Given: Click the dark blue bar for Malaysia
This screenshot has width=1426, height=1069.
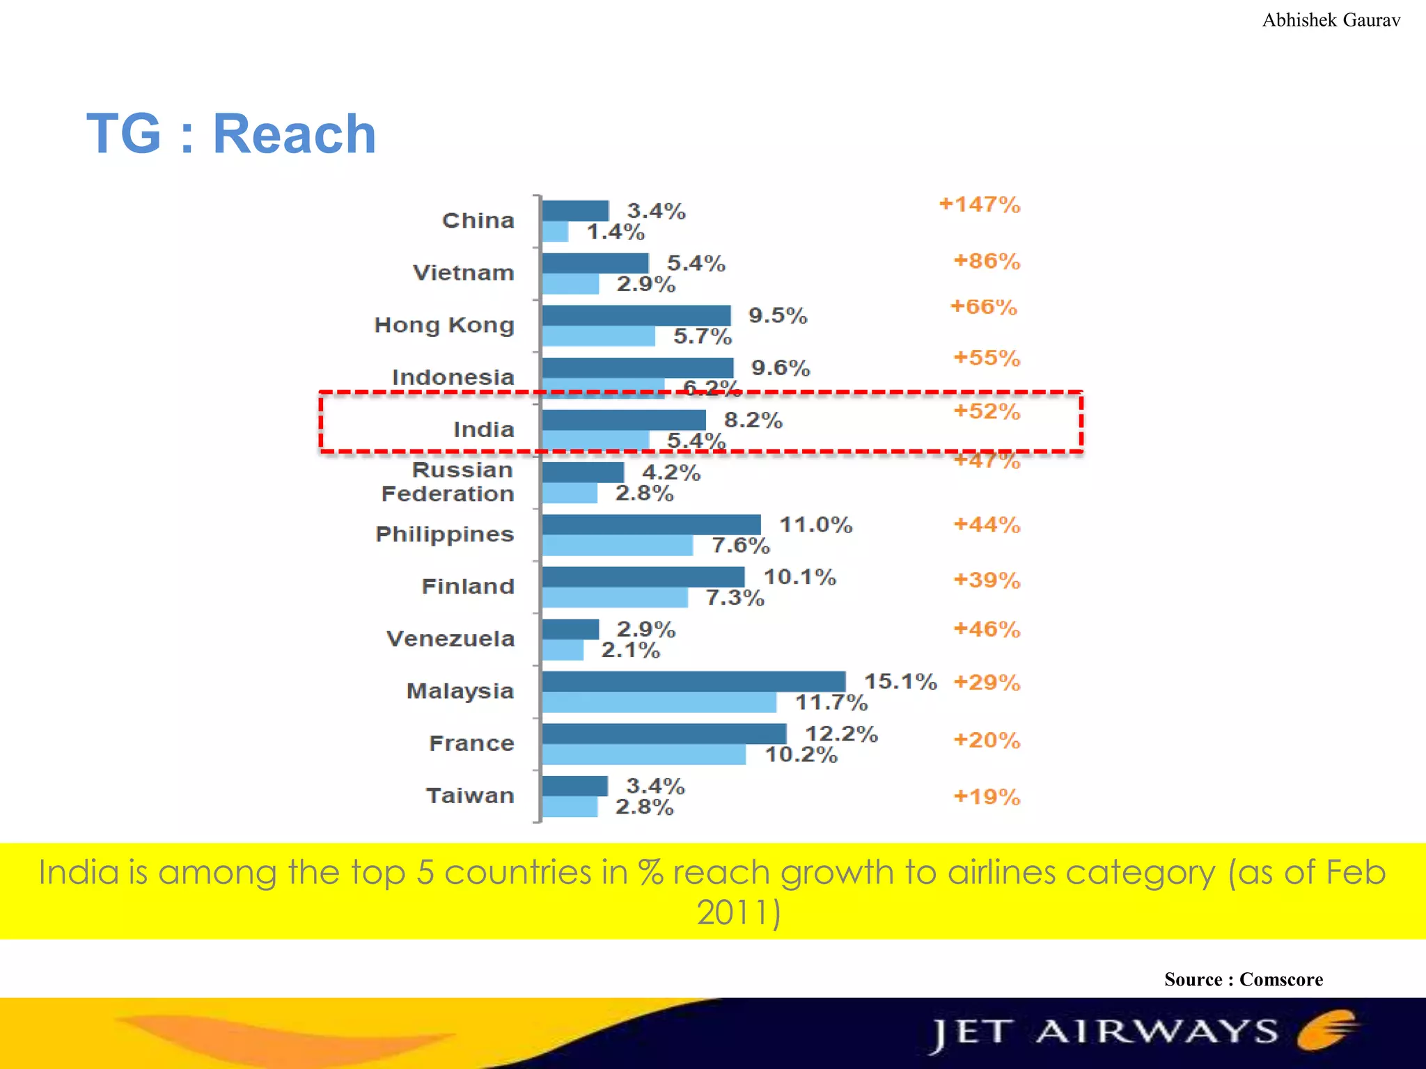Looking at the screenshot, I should point(694,681).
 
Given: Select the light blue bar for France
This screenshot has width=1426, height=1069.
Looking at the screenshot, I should point(643,754).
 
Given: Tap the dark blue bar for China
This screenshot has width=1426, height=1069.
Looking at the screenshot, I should point(575,210).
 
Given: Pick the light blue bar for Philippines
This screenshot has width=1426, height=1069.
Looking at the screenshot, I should point(618,546).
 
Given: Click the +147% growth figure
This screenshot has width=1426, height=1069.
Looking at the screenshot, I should point(979,205).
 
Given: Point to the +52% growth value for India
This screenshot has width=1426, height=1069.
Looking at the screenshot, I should point(986,411).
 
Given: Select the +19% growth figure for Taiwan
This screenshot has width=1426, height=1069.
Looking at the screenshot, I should point(986,796).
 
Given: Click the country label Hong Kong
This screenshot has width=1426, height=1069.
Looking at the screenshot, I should point(444,325).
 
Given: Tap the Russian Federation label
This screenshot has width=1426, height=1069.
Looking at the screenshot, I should point(448,482).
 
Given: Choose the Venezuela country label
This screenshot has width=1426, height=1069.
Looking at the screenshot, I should point(450,638).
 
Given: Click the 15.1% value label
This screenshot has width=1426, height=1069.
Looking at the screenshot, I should point(900,681).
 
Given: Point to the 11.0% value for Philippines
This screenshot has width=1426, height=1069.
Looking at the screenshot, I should point(815,525).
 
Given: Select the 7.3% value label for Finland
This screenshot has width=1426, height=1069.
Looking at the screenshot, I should point(735,598).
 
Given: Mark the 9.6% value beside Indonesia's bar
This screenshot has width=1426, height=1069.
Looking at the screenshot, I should point(781,367).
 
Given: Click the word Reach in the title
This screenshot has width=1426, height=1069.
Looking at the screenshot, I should point(294,134).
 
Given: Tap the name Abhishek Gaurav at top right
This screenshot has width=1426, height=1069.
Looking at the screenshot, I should point(1331,20).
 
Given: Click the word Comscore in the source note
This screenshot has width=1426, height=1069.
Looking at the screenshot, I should point(1280,979).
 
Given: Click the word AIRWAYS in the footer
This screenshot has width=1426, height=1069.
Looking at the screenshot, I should point(1157,1031).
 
